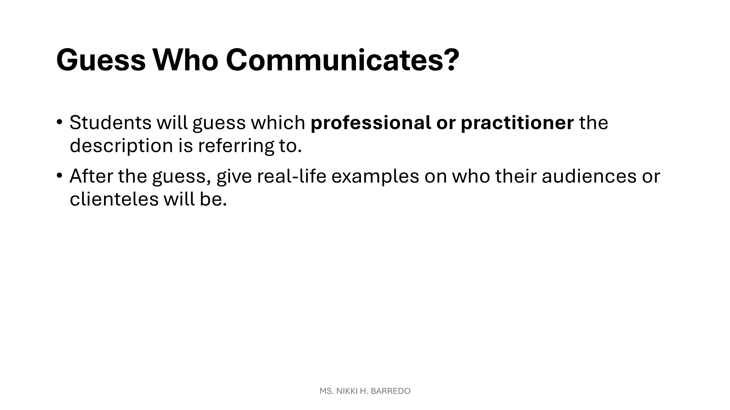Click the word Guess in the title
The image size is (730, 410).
pyautogui.click(x=101, y=60)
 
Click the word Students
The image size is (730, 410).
pyautogui.click(x=111, y=122)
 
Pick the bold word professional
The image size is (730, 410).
pyautogui.click(x=371, y=123)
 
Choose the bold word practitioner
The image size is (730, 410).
pyautogui.click(x=517, y=123)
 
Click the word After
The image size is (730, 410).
pyautogui.click(x=91, y=176)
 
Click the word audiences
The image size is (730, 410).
pyautogui.click(x=587, y=176)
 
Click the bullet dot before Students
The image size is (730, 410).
pyautogui.click(x=59, y=122)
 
